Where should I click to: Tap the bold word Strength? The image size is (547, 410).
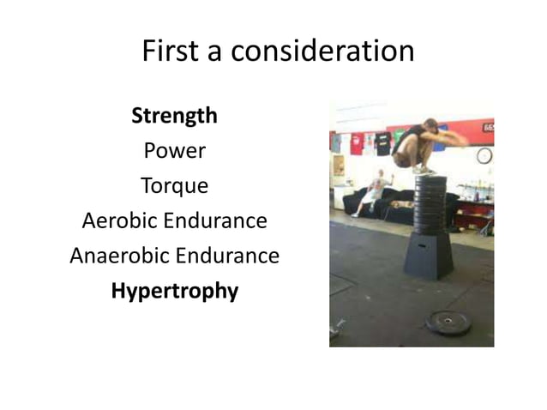(174, 115)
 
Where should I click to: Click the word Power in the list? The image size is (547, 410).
(174, 150)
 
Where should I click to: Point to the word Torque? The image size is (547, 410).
(174, 185)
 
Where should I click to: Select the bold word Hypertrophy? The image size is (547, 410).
(174, 291)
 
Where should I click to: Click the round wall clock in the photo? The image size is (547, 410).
(484, 155)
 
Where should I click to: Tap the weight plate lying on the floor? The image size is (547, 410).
(448, 323)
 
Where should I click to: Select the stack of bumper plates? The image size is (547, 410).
(430, 203)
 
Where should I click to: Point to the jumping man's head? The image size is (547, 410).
(430, 126)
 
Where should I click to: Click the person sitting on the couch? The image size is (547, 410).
(374, 190)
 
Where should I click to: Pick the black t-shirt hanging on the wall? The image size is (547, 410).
(382, 143)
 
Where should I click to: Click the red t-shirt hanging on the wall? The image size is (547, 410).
(357, 143)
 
